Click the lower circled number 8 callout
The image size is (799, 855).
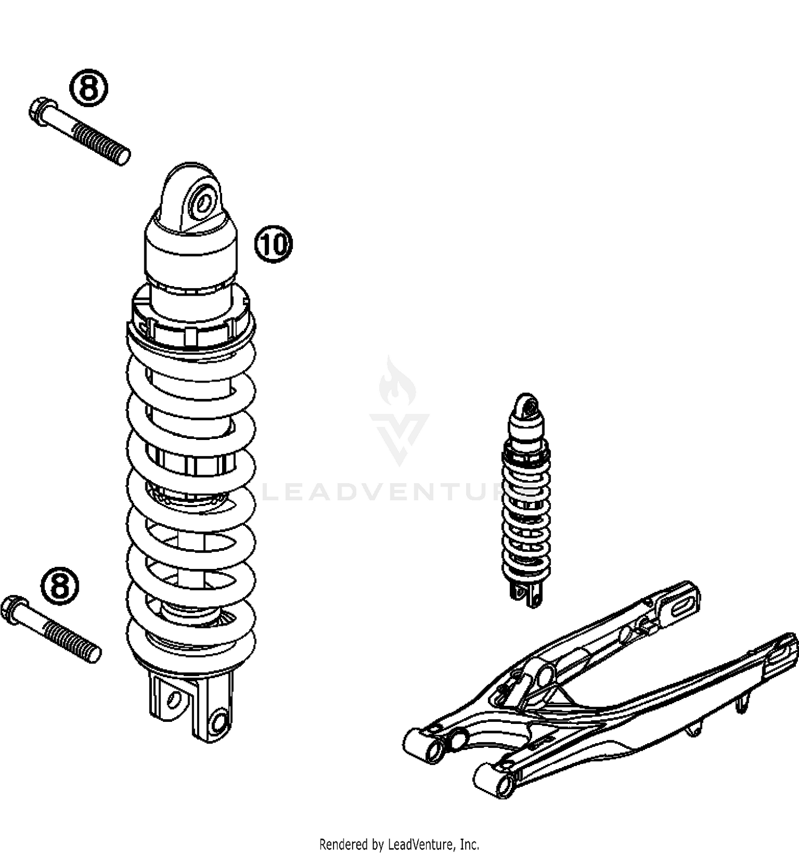(60, 587)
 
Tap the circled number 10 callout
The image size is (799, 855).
(274, 244)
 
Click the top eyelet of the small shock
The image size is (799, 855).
(527, 408)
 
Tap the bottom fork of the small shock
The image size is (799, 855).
(526, 593)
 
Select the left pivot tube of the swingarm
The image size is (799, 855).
(422, 746)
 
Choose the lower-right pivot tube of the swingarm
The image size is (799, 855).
(495, 780)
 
